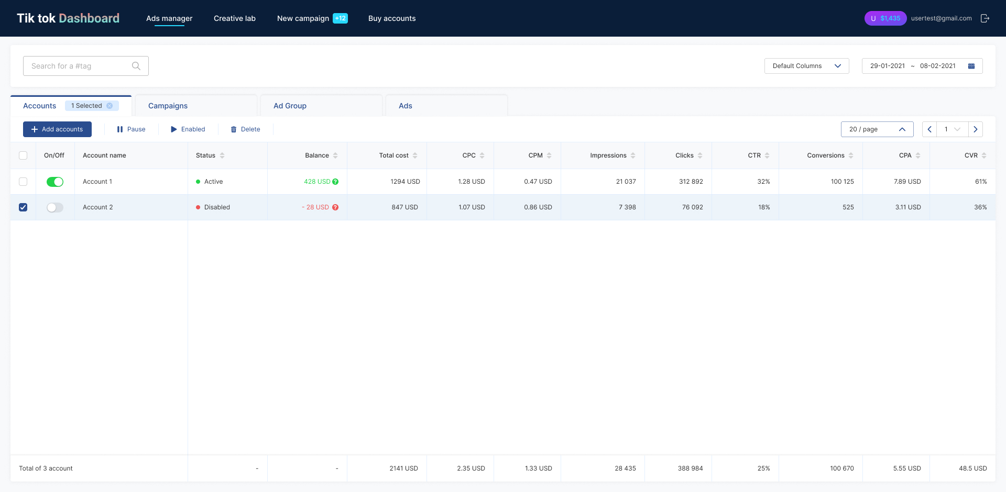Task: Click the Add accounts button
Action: (x=57, y=129)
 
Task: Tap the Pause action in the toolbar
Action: (x=131, y=129)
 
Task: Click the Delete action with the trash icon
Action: (x=245, y=129)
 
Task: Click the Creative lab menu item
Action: (x=235, y=18)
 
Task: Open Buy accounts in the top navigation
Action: (x=392, y=18)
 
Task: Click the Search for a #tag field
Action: (x=86, y=66)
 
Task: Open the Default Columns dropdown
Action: (x=807, y=66)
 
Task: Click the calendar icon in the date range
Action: (x=971, y=66)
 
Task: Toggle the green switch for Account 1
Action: (x=55, y=182)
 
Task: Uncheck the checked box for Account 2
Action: (x=23, y=207)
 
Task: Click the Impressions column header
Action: (x=608, y=155)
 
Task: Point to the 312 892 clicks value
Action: (x=691, y=182)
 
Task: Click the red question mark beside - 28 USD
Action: (x=335, y=207)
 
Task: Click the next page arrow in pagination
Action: (x=976, y=129)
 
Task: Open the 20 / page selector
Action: (x=877, y=129)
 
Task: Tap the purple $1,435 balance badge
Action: (x=885, y=18)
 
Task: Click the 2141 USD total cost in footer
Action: (x=403, y=468)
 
